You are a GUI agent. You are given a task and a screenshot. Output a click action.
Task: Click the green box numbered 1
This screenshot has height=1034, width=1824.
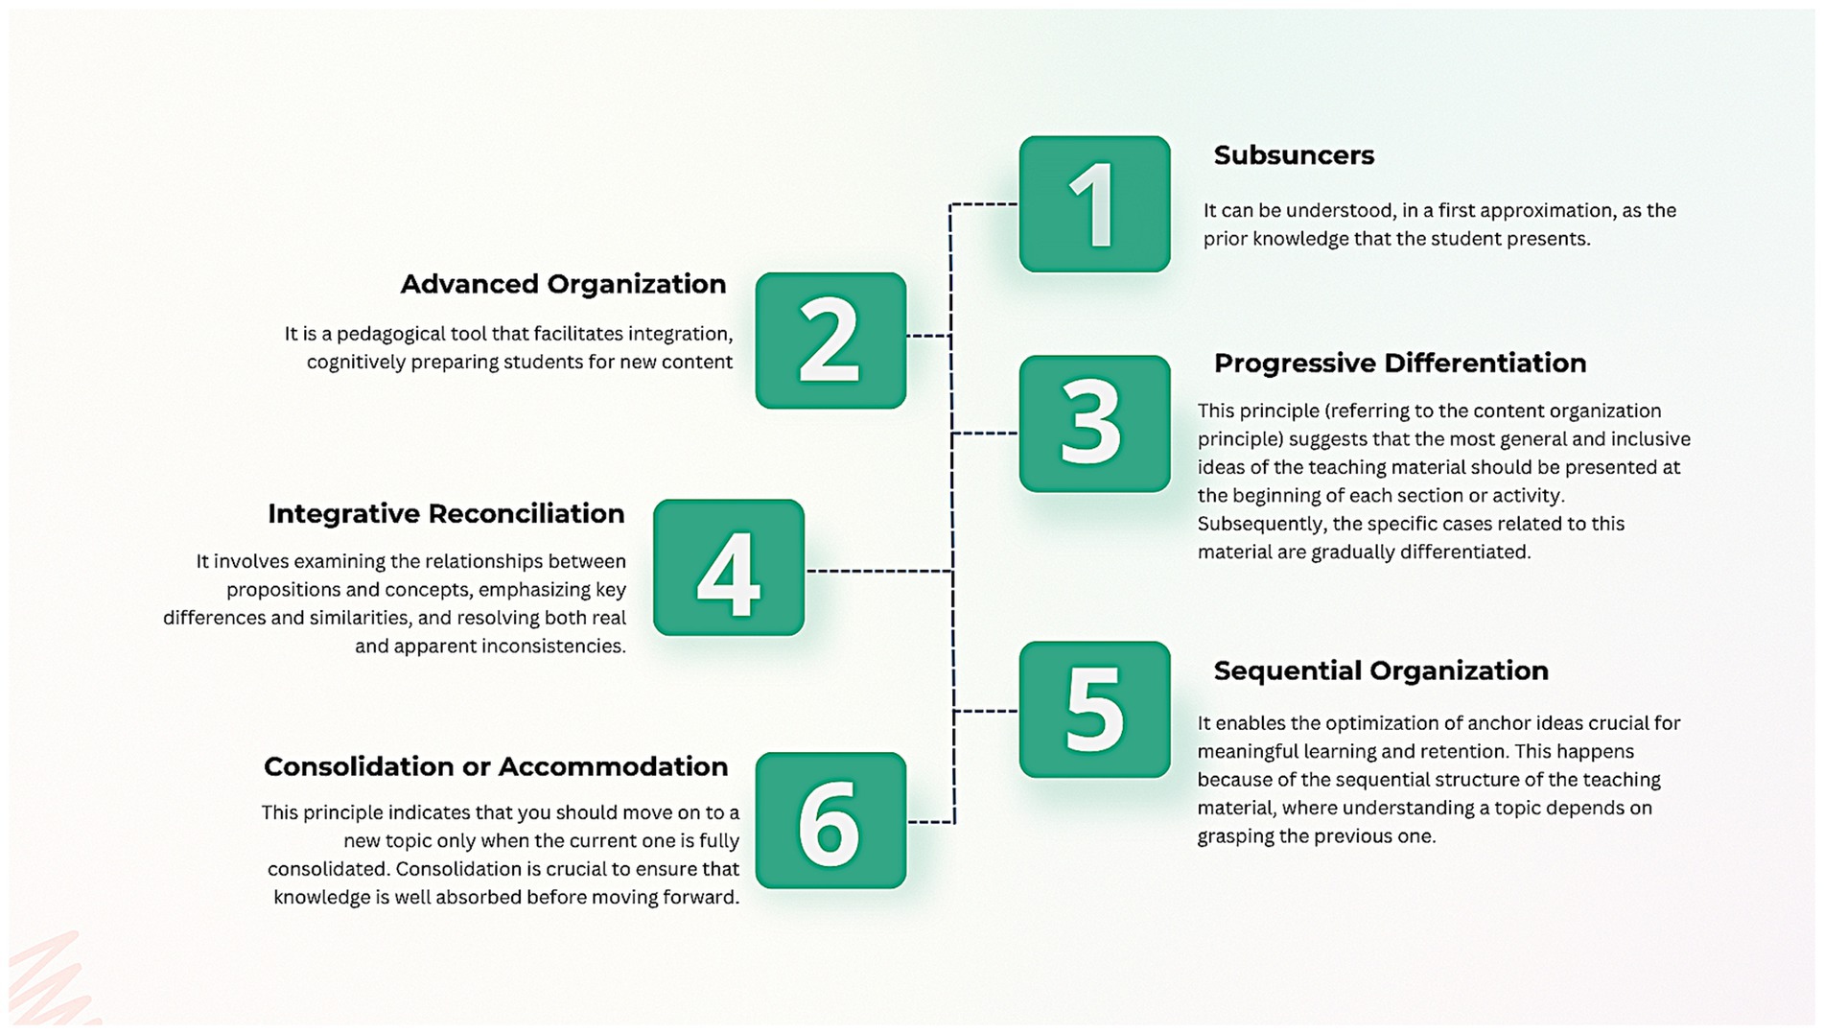(x=1094, y=204)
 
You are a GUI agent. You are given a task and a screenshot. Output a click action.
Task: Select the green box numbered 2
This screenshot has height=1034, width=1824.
(x=830, y=341)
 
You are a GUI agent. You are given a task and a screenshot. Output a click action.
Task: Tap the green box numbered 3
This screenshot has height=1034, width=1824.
(x=1094, y=424)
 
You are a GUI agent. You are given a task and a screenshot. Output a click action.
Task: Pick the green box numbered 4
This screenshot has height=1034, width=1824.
(x=729, y=567)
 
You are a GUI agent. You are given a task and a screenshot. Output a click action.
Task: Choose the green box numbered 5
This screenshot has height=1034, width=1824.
(x=1094, y=710)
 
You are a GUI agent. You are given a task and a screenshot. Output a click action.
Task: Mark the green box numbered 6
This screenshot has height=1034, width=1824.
(x=830, y=820)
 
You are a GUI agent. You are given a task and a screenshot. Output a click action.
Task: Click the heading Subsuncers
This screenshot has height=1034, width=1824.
(x=1294, y=155)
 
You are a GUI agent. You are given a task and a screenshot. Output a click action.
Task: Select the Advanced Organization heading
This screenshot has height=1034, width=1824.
(x=563, y=285)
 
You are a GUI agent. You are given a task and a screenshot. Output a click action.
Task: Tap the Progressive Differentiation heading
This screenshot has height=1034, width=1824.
(x=1399, y=364)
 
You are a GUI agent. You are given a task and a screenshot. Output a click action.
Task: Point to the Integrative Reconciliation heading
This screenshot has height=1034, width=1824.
(x=446, y=514)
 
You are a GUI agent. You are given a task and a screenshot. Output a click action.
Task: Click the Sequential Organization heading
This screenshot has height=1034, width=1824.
(x=1380, y=670)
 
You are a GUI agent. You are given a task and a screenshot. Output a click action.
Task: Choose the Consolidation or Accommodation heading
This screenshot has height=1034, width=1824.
(x=496, y=767)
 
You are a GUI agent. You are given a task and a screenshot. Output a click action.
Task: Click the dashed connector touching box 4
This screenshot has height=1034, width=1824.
(x=877, y=571)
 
